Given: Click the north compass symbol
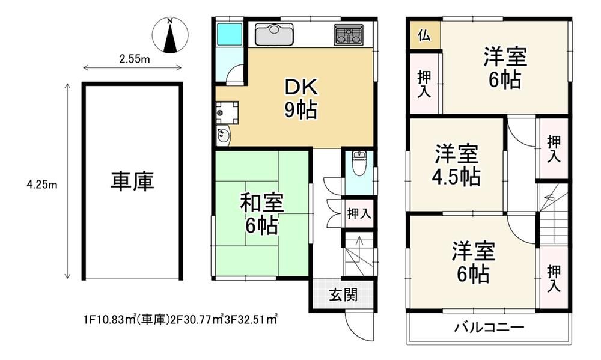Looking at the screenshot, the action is pos(170,35).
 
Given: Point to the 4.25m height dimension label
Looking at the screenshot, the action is pos(42,185).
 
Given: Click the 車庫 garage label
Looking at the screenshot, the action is pos(132,182).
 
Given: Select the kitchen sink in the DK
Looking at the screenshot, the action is pos(275,33).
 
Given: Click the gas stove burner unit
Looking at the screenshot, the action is pos(349,34).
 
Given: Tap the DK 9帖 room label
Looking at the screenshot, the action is pos(300,99).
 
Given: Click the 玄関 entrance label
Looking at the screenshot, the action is pos(343,294).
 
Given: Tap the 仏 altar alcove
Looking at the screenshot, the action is pos(424,35).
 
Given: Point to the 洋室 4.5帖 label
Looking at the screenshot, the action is pos(456,165).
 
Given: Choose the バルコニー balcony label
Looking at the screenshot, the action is pos(489,327).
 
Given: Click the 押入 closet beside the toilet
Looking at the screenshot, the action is pos(359,213).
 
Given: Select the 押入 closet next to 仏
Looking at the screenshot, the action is pos(424,83).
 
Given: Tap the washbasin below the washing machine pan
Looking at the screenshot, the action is pos(222,136).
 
